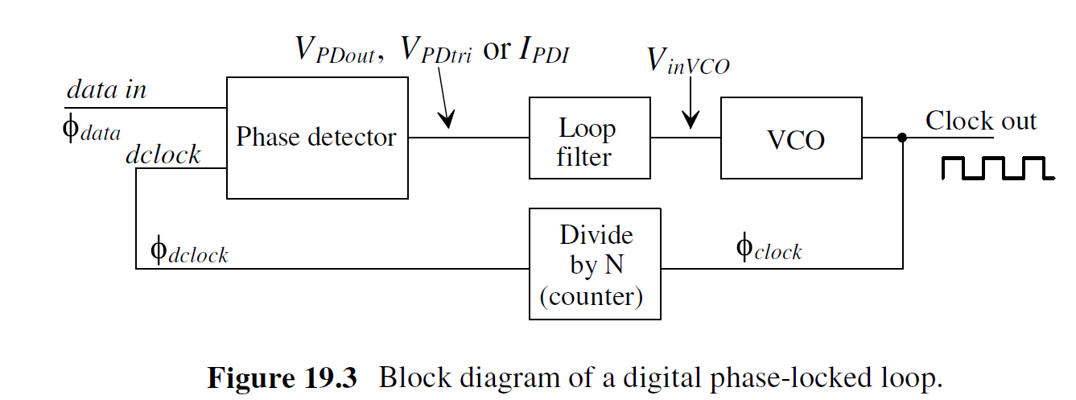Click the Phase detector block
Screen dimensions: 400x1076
(x=316, y=138)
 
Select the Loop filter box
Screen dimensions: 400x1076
(x=588, y=138)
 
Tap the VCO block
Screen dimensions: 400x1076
(x=790, y=138)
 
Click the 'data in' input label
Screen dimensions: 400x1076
(x=106, y=89)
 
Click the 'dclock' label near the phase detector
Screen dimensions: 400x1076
(x=163, y=155)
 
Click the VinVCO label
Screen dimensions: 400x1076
(x=688, y=61)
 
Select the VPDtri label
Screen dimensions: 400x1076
(x=435, y=52)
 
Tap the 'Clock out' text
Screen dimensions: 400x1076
(x=980, y=121)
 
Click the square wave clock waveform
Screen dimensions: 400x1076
(x=997, y=167)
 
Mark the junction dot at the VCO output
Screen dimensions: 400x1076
(x=902, y=138)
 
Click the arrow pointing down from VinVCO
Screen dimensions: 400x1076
(x=689, y=108)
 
